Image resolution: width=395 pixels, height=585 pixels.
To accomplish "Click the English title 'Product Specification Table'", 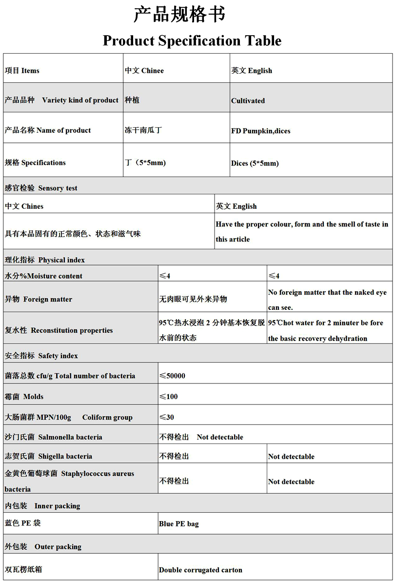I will point(192,40).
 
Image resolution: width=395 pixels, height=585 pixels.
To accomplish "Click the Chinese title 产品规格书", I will point(179,15).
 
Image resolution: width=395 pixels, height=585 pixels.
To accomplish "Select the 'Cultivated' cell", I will point(248,101).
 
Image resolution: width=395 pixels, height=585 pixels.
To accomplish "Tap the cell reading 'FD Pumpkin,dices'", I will point(261,131).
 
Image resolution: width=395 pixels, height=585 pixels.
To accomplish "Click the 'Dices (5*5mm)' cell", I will point(255,163).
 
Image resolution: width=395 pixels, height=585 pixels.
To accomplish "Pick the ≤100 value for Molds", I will point(169,397).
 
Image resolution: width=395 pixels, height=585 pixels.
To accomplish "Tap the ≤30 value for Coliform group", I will point(167,417).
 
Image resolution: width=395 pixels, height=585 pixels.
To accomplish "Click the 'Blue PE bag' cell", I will point(179,524).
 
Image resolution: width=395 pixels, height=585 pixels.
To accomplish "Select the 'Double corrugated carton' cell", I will point(200,570).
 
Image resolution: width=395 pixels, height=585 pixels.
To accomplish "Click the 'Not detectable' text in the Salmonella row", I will point(220,437).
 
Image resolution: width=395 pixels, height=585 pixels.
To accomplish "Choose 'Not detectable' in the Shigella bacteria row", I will point(291,457).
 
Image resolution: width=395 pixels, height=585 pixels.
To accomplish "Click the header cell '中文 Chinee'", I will point(144,71).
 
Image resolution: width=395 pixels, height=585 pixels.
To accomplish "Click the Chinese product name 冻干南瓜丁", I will point(143,130).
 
